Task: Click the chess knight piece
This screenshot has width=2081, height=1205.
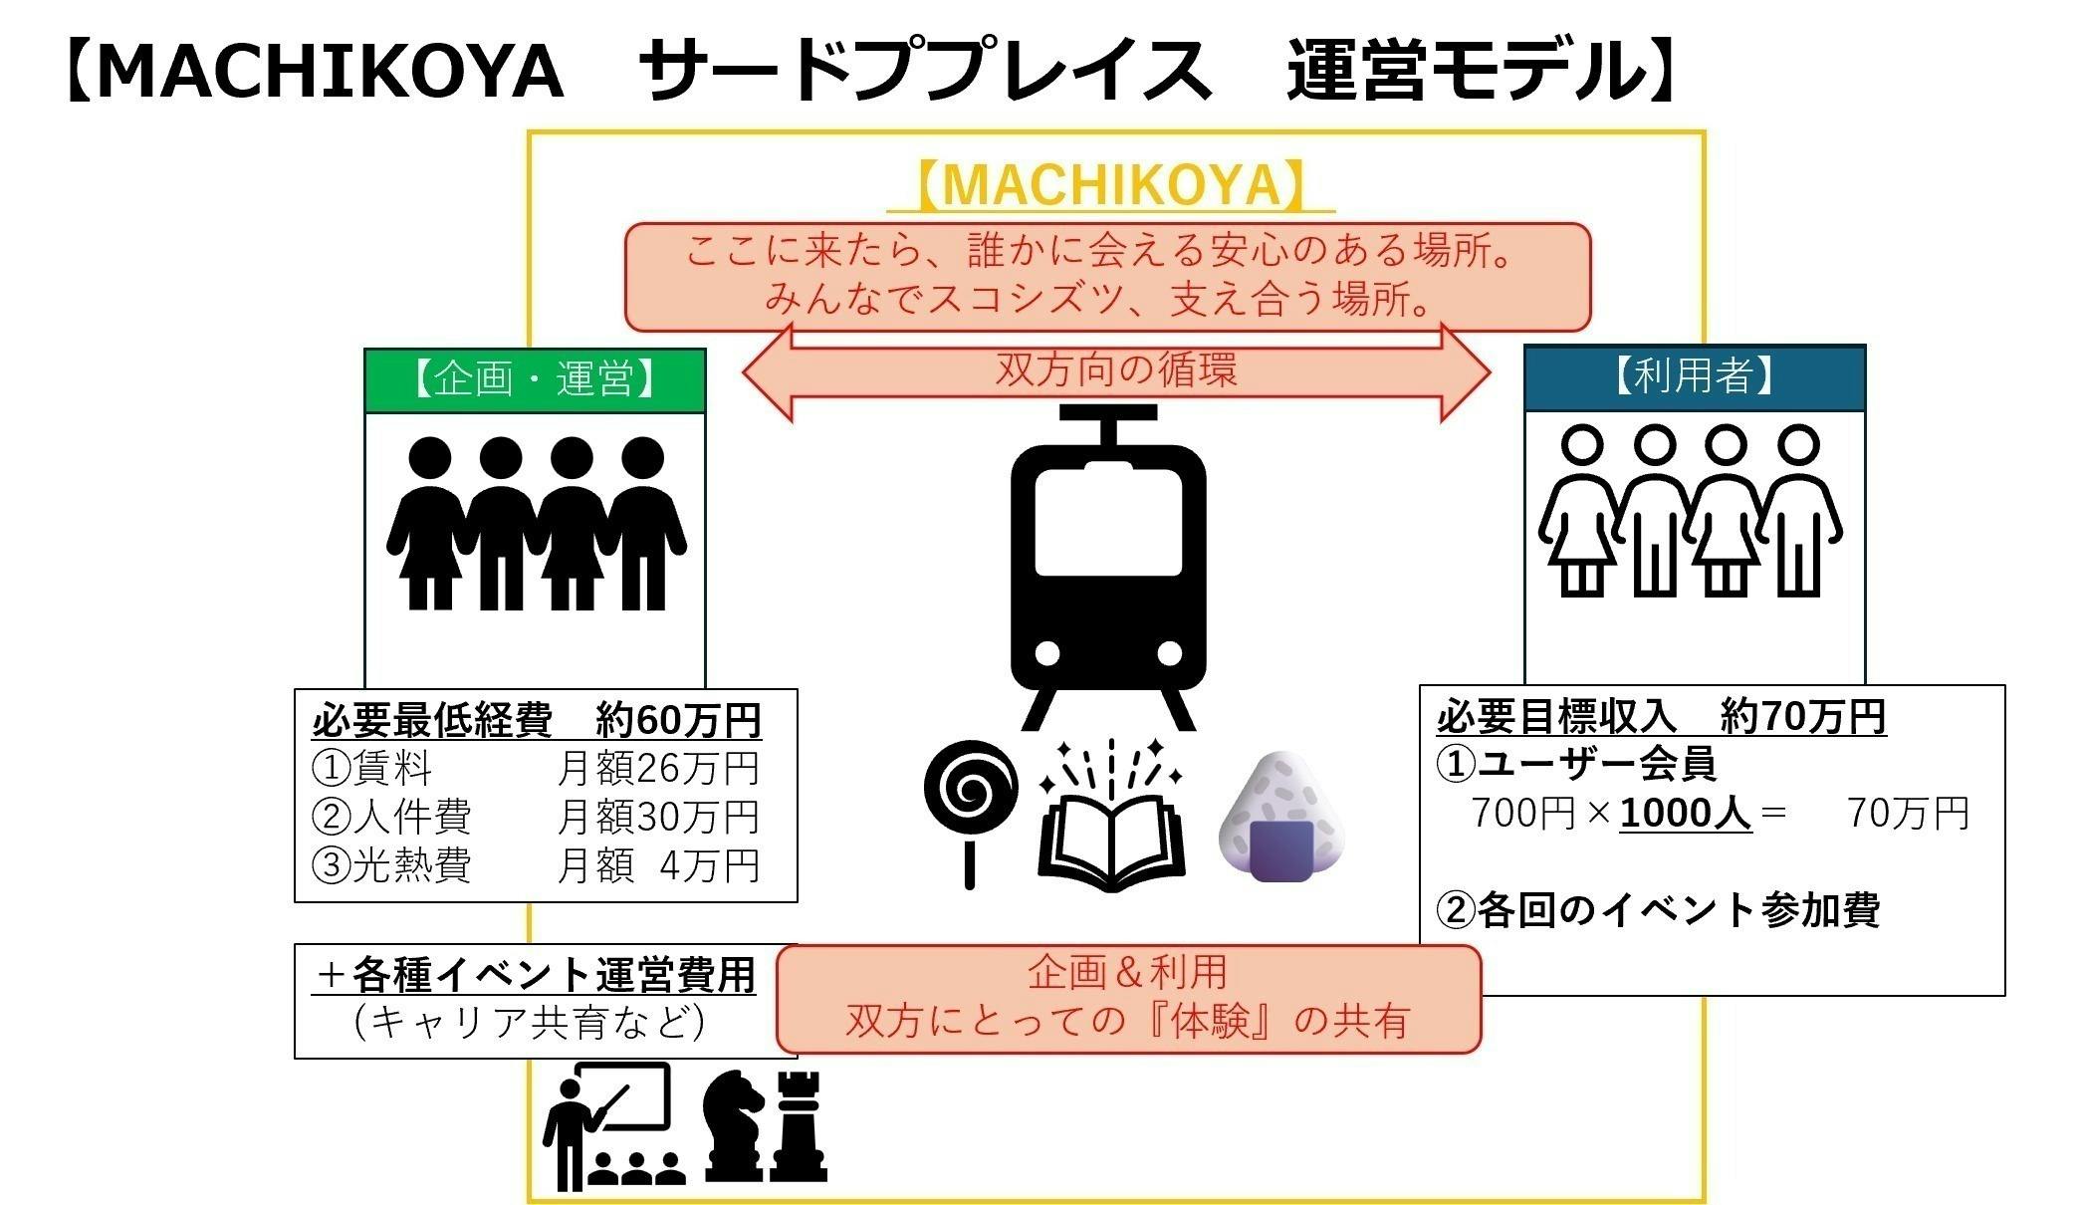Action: click(x=734, y=1125)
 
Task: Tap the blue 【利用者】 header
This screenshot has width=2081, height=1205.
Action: click(x=1694, y=377)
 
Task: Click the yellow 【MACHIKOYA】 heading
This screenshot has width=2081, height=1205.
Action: click(x=1110, y=186)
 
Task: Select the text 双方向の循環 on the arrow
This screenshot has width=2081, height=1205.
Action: click(x=1116, y=370)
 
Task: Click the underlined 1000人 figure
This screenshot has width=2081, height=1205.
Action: click(x=1685, y=814)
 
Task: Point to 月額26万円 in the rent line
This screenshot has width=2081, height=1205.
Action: click(x=658, y=768)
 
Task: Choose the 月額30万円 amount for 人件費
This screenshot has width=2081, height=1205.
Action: click(x=658, y=817)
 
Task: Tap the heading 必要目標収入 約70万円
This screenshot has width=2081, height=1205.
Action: click(x=1661, y=716)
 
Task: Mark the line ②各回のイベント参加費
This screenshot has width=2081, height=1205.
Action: click(x=1658, y=910)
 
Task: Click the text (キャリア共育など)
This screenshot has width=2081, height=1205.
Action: click(x=530, y=1023)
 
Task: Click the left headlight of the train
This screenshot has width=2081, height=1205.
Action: click(x=1047, y=653)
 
